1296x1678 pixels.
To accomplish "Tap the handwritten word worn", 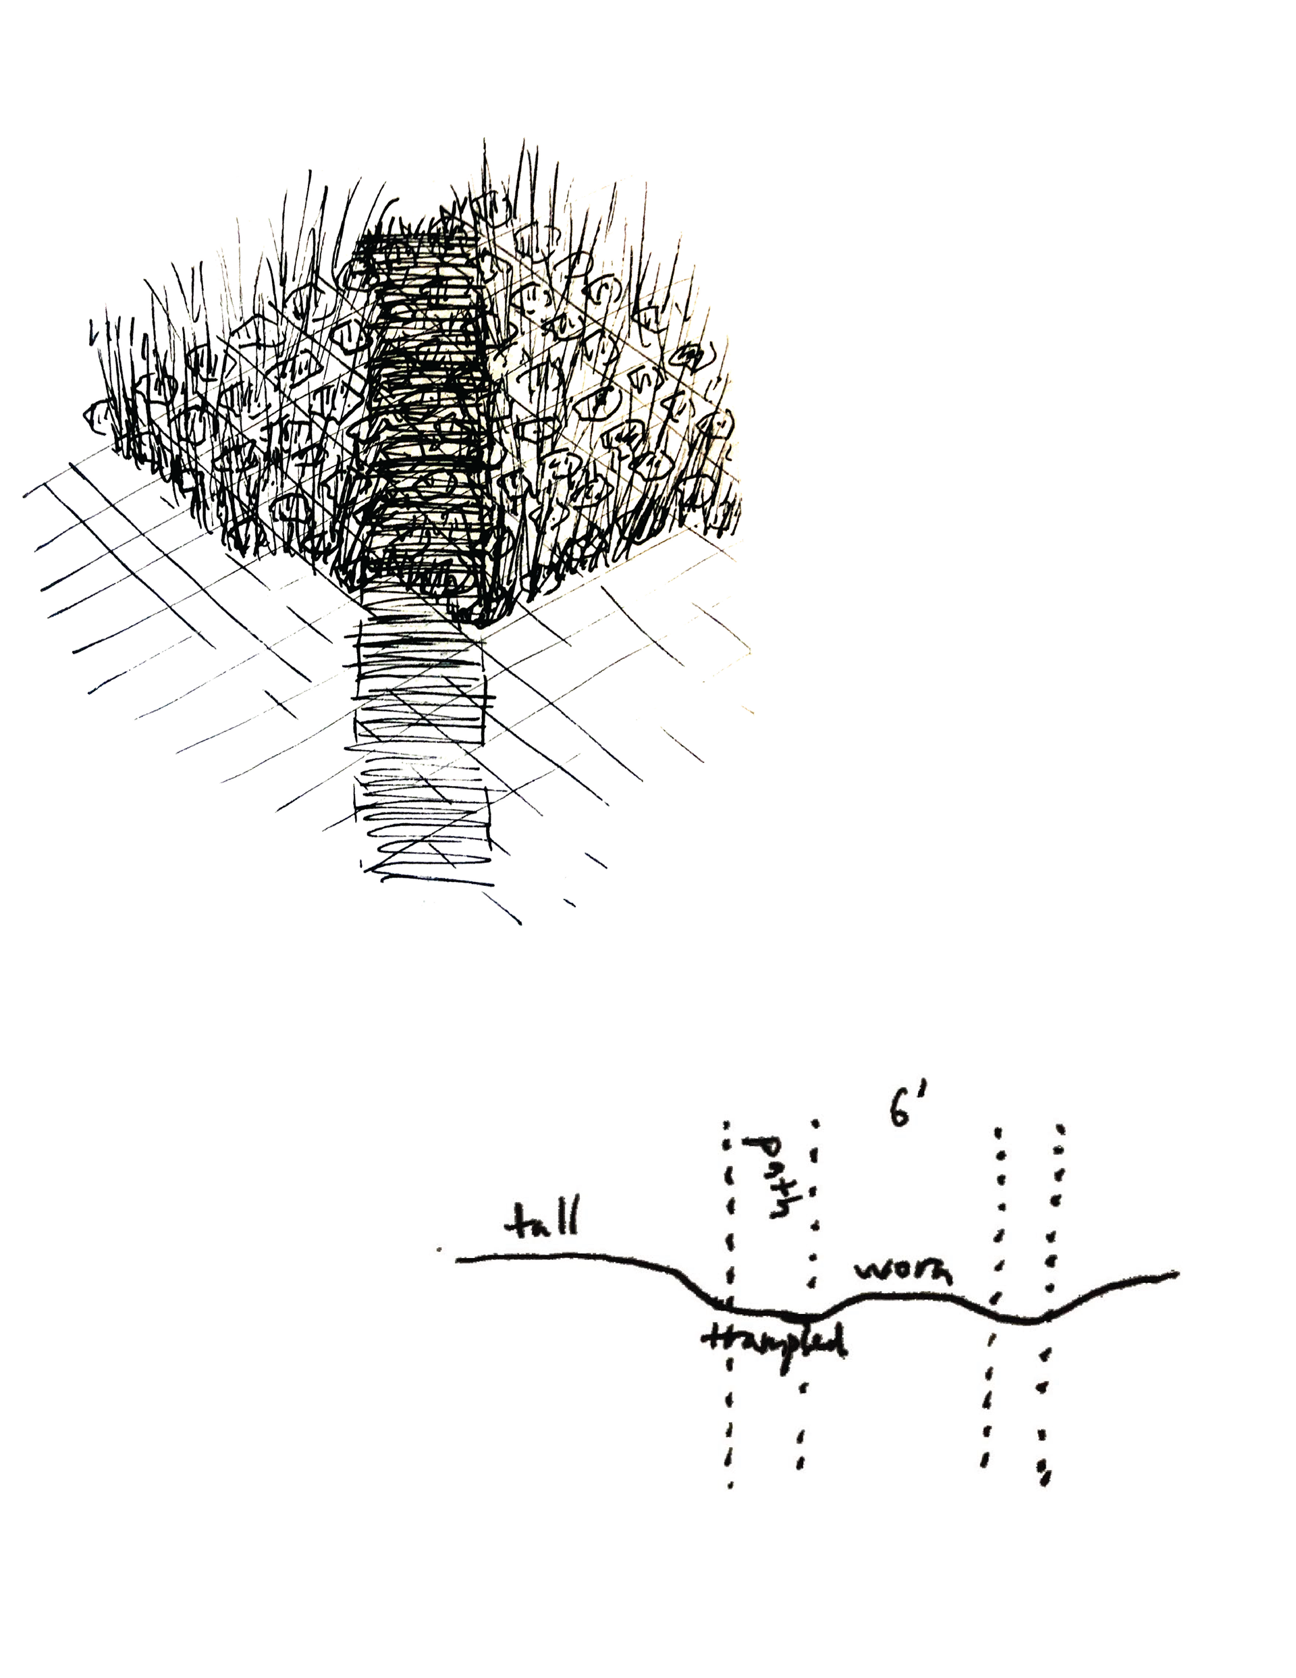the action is [x=903, y=1272].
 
